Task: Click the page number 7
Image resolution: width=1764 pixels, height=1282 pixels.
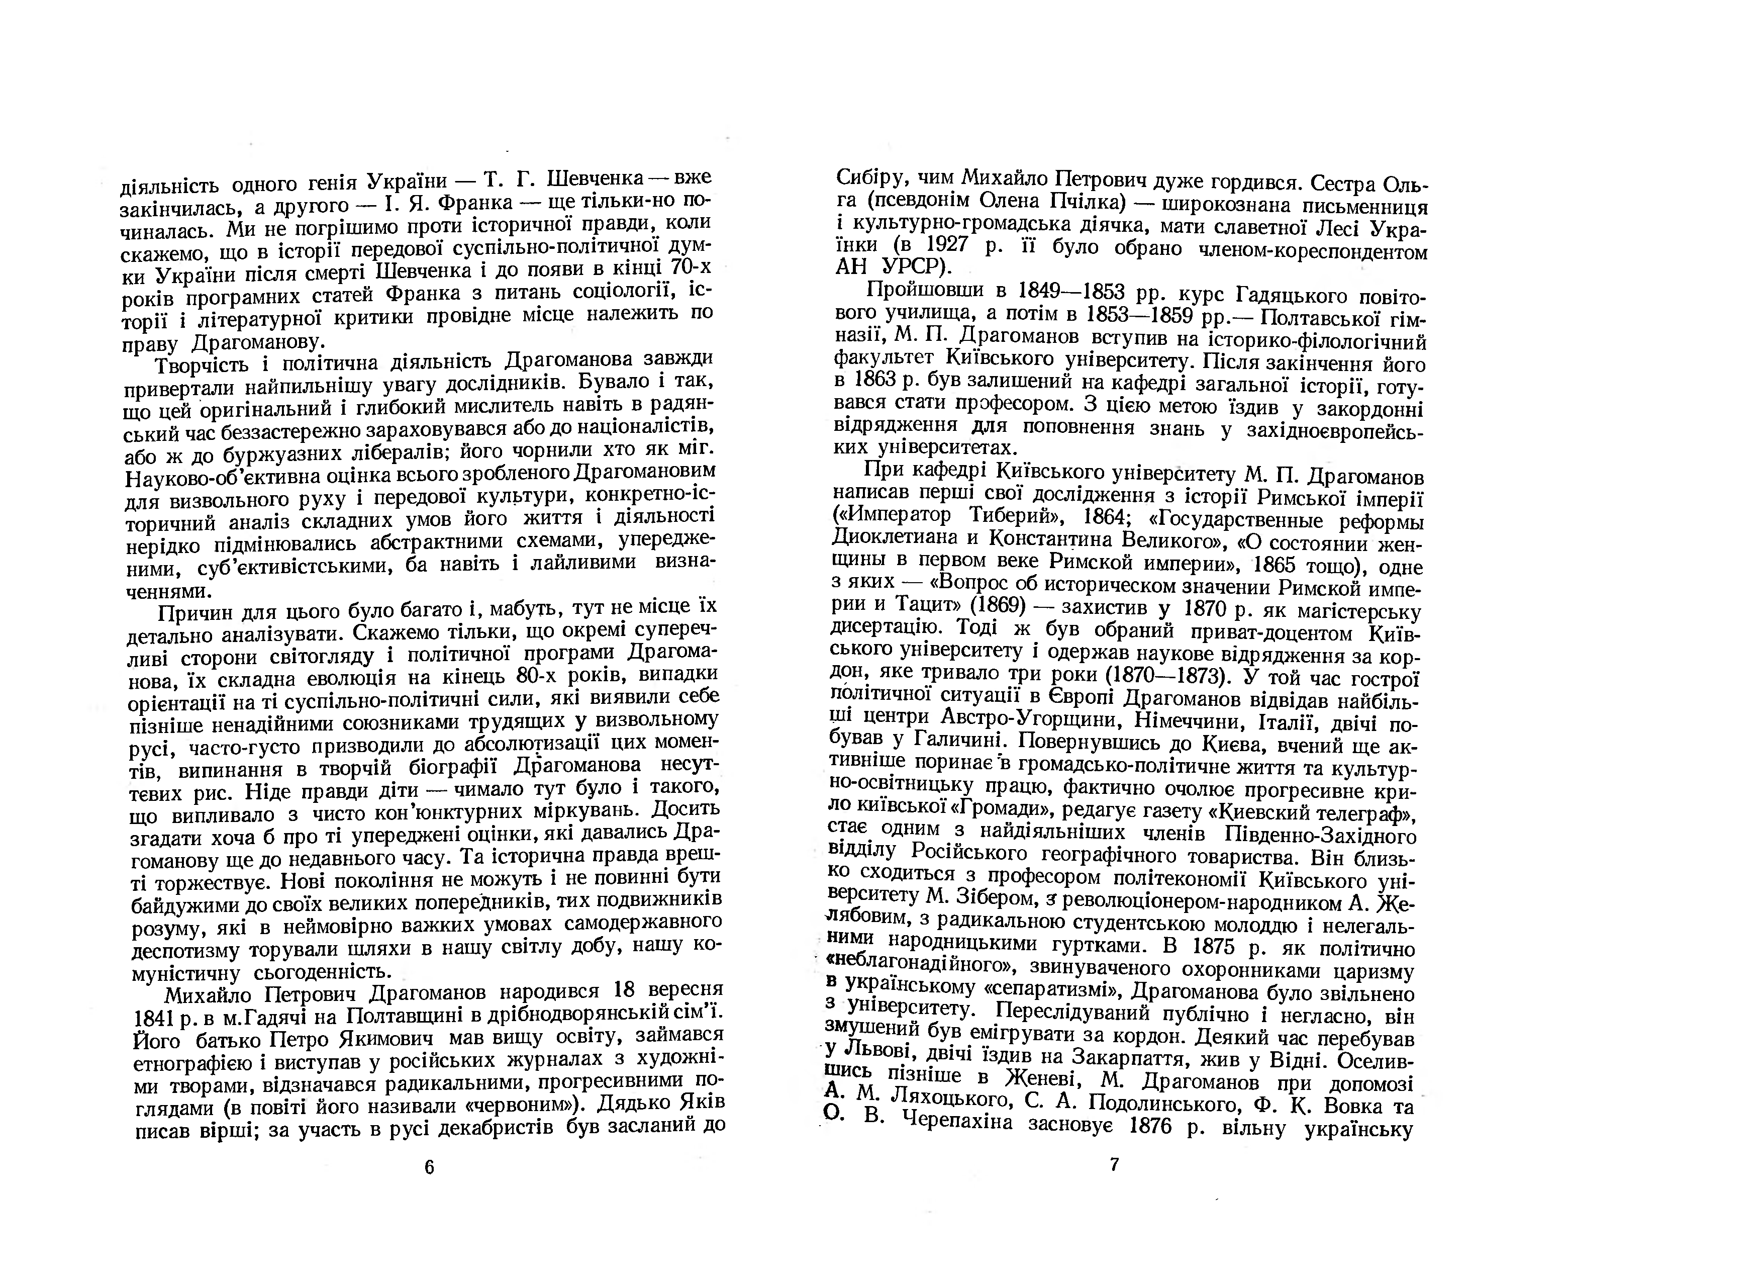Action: coord(1114,1164)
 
